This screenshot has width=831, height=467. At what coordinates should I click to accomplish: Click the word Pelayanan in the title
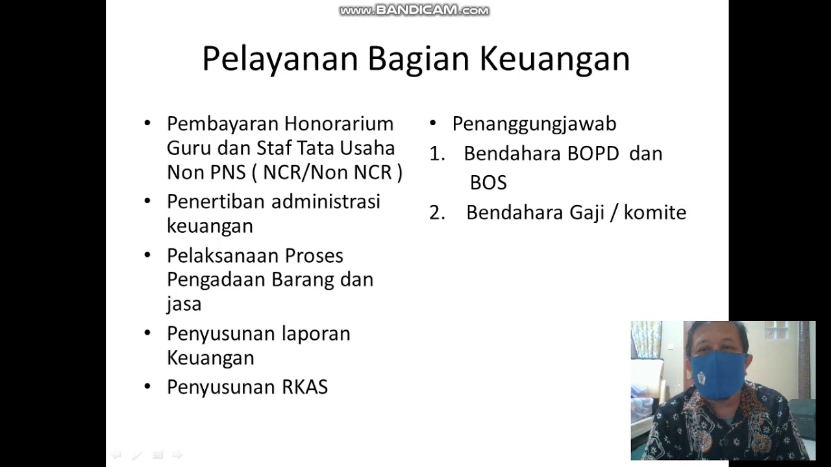280,59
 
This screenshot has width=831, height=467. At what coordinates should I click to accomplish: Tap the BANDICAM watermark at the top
414,10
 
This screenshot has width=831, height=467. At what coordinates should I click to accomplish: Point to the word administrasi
325,201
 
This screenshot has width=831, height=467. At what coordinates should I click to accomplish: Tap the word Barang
303,280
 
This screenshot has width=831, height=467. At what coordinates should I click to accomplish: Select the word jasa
184,304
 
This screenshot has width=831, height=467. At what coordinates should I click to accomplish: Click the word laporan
316,333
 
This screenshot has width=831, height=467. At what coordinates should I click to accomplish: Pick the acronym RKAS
304,387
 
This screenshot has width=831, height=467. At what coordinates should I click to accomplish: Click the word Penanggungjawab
534,124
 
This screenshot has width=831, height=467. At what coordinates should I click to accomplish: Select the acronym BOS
488,183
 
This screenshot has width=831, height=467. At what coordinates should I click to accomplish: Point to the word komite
654,213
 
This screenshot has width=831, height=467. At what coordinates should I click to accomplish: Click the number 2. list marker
437,213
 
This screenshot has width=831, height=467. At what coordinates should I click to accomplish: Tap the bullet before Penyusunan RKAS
147,387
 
